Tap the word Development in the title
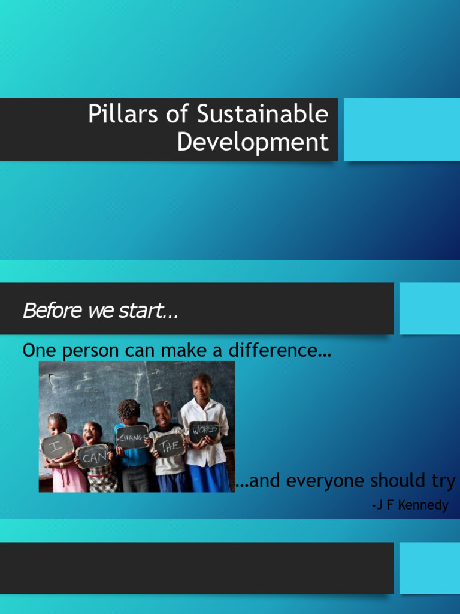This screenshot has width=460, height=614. point(253,143)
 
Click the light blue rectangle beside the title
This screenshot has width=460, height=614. point(401,130)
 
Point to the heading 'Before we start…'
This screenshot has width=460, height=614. point(100,311)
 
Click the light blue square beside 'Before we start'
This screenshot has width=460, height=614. point(429,308)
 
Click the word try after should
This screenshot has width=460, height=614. point(444,481)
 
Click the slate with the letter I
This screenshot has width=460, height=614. point(58,445)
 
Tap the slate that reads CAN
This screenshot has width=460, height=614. point(93,457)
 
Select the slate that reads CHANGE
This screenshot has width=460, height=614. point(132,436)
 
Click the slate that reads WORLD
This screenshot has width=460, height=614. point(204,431)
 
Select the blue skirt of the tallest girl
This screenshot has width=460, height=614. point(210,477)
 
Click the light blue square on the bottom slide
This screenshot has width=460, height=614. point(429,568)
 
